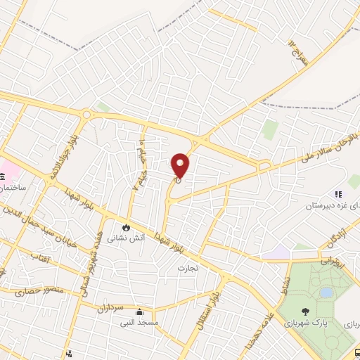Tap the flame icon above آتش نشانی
pyautogui.click(x=127, y=227)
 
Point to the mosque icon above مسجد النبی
pyautogui.click(x=140, y=312)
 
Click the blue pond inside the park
pyautogui.click(x=326, y=292)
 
